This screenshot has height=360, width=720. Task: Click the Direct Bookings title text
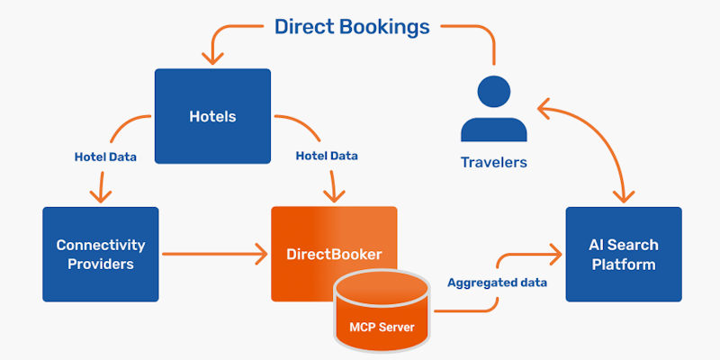click(352, 26)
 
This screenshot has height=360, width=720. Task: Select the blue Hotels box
click(212, 116)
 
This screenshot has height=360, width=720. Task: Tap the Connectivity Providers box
click(100, 254)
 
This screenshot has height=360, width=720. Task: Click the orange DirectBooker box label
click(334, 255)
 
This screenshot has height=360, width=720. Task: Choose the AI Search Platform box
click(623, 254)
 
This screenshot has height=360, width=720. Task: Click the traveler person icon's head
click(493, 93)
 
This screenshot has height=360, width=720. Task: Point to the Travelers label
click(493, 163)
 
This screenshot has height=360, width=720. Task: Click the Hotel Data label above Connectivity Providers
click(105, 157)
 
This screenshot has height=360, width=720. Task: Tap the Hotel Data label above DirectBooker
click(327, 156)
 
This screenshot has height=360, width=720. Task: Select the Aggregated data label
click(496, 283)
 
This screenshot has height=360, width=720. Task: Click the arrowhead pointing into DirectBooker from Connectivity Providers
click(262, 255)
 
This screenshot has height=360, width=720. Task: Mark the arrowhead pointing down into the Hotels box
click(212, 58)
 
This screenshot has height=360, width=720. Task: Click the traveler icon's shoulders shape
click(493, 129)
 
